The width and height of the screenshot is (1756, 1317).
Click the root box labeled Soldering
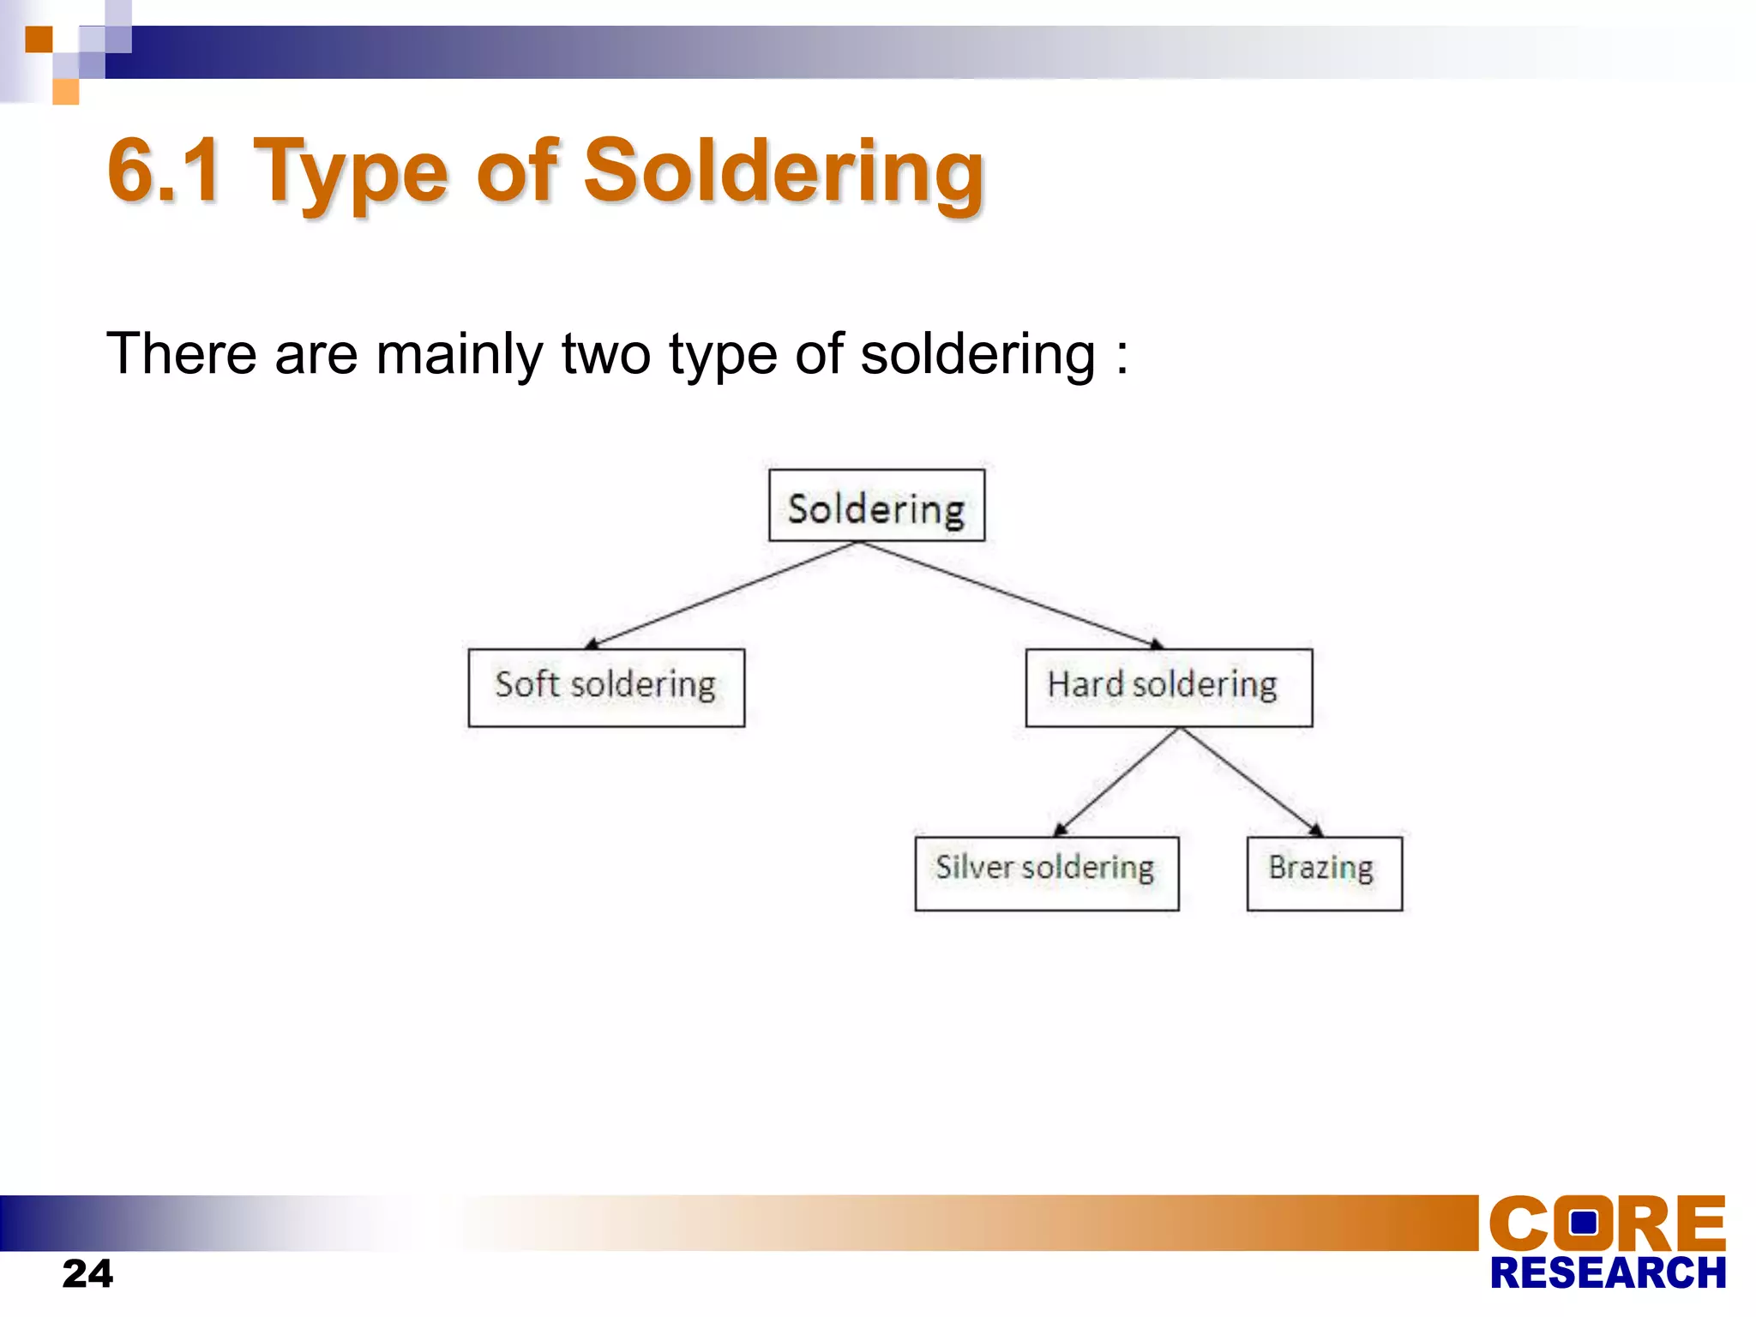876,506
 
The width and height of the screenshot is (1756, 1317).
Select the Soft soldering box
606,687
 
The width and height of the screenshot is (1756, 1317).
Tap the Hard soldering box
1168,687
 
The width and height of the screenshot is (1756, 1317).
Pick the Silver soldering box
1046,873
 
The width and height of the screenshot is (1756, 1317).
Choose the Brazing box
1324,873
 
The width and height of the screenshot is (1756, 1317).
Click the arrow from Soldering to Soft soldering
720,595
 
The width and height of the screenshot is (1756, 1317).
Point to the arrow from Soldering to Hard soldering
1012,595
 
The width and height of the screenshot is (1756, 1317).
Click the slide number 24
87,1273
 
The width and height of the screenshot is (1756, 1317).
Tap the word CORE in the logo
1607,1224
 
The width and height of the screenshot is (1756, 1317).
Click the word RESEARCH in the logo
1607,1273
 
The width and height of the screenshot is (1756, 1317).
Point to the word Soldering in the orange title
784,171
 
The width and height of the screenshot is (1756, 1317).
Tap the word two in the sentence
605,354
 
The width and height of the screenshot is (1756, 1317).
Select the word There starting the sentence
181,354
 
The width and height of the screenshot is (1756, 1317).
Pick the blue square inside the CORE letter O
1583,1222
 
